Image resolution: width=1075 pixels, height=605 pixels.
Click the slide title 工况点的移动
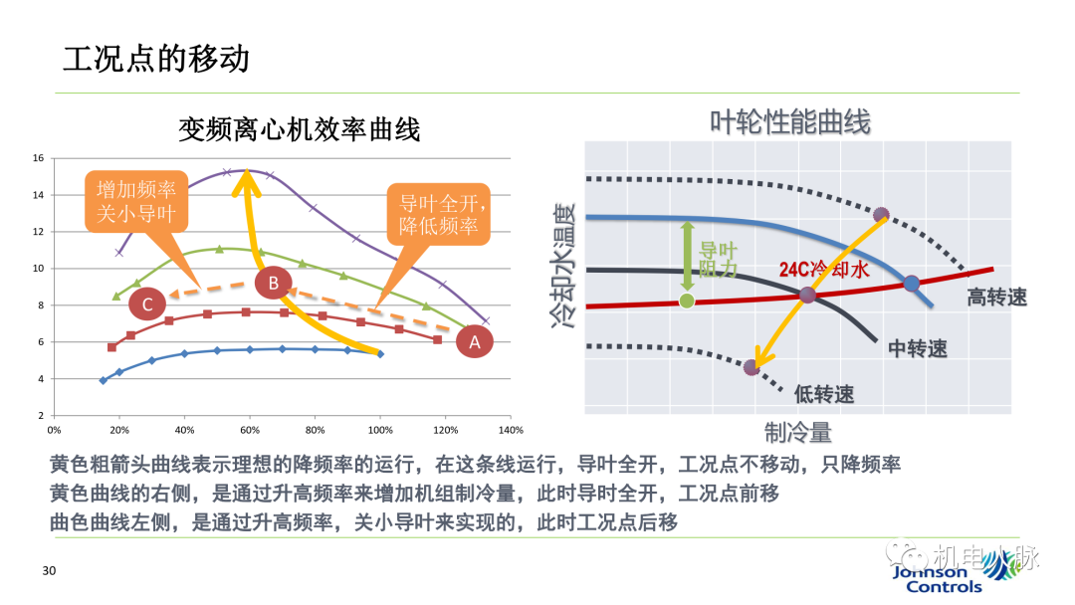click(156, 58)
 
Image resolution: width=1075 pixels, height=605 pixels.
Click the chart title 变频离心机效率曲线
click(299, 129)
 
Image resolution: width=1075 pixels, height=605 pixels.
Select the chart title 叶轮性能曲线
click(789, 122)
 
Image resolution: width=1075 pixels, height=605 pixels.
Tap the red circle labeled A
click(475, 341)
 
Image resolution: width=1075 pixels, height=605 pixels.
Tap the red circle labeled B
click(273, 284)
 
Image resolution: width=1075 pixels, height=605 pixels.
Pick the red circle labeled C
click(147, 303)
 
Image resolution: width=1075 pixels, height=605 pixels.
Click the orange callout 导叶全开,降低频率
click(438, 214)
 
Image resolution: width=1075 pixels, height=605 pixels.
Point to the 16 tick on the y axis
click(37, 158)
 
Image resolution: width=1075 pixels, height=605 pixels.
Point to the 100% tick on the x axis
click(379, 431)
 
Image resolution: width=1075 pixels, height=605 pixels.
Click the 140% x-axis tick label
click(510, 431)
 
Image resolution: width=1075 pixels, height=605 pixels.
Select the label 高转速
click(996, 297)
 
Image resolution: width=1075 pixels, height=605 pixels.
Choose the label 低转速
click(824, 394)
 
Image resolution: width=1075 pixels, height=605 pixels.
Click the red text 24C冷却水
click(825, 271)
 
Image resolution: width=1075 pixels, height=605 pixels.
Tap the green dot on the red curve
click(686, 301)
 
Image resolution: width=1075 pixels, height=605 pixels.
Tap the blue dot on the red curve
click(911, 284)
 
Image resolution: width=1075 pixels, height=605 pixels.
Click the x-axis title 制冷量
click(797, 432)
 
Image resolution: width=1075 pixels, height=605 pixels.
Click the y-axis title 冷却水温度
click(562, 264)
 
